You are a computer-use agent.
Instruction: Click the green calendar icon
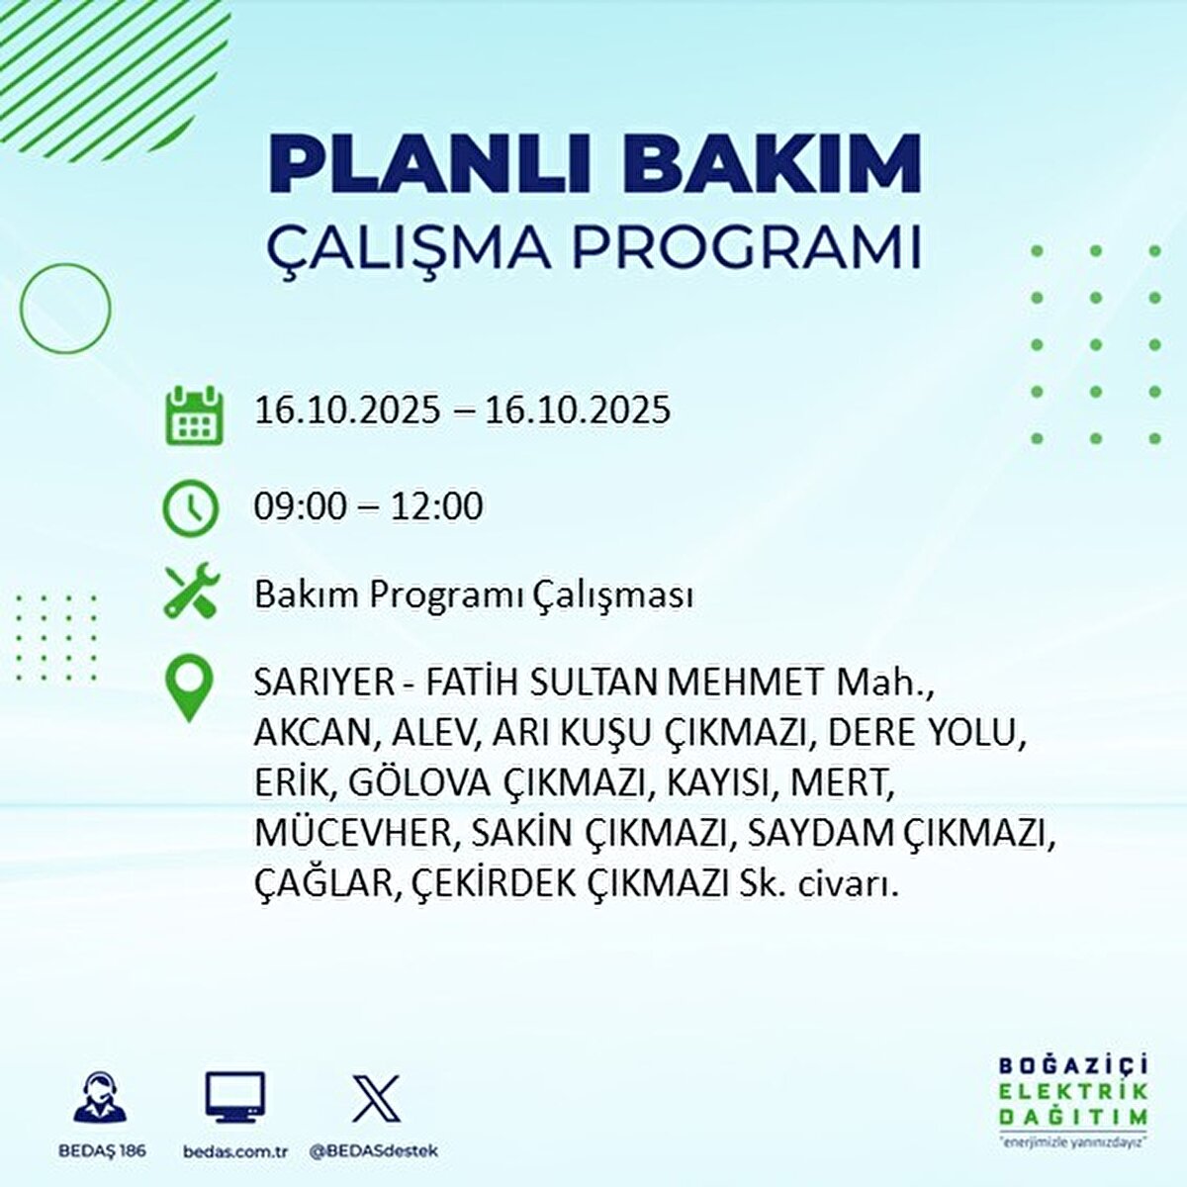click(x=191, y=415)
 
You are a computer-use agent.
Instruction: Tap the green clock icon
click(x=189, y=507)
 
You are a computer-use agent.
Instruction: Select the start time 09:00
click(x=301, y=506)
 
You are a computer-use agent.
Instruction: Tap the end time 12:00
click(x=436, y=506)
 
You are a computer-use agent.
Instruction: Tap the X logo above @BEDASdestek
click(x=376, y=1098)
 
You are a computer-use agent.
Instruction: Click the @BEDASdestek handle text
click(x=374, y=1151)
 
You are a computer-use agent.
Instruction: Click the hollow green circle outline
click(x=66, y=310)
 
